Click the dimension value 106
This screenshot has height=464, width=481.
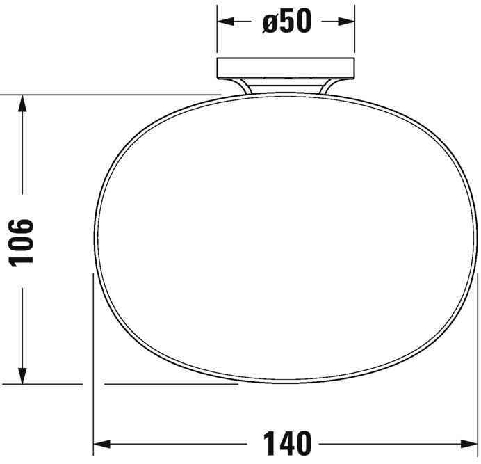click(21, 241)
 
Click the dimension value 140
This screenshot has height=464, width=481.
click(286, 442)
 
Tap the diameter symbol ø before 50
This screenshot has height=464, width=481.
click(271, 22)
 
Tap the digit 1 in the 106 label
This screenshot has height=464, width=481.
click(21, 258)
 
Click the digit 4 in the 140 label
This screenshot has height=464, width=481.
click(286, 442)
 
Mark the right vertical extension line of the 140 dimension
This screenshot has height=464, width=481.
click(478, 348)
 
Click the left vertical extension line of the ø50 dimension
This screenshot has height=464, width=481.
click(218, 31)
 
